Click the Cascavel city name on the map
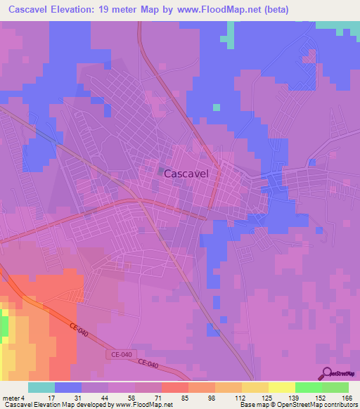pos(186,178)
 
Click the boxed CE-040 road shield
pos(120,356)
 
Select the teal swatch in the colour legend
pos(41,387)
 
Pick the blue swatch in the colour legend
pos(68,387)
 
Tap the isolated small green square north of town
pos(217,108)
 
